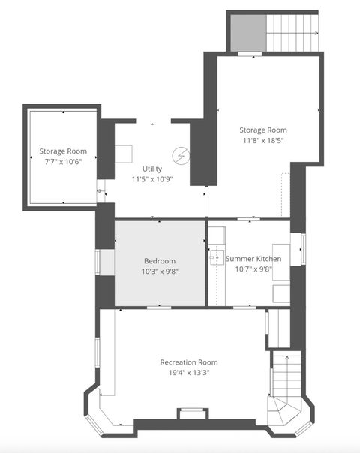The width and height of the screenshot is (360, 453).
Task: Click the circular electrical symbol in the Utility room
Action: (181, 156)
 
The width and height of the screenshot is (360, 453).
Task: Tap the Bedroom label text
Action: (159, 260)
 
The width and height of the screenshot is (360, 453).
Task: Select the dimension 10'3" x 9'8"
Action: (159, 271)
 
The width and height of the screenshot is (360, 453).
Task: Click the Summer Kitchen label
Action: (249, 259)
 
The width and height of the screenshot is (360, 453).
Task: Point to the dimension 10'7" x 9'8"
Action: (249, 269)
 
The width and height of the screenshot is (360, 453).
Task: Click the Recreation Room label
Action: (189, 362)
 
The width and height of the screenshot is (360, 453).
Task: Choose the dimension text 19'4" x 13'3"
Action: (189, 373)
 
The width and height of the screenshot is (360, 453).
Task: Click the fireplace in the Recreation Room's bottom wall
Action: (192, 412)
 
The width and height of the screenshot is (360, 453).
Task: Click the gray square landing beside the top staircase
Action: (247, 34)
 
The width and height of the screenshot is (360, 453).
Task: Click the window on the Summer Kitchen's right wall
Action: (304, 249)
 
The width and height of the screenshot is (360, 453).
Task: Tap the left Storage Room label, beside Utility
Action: (63, 151)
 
